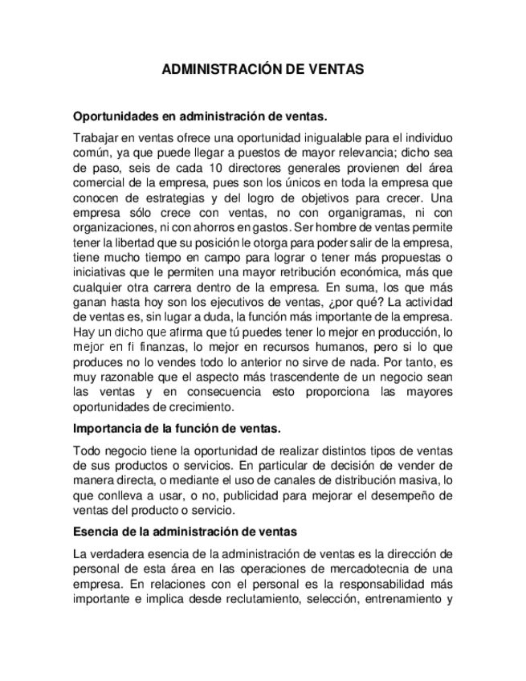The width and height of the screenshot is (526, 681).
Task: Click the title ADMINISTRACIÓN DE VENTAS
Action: click(263, 70)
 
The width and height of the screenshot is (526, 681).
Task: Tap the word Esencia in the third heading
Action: click(96, 532)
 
